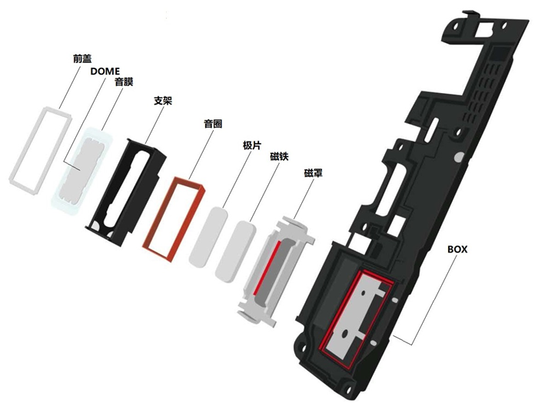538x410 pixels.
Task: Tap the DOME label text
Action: [x=105, y=70]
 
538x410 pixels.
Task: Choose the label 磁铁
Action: [x=279, y=157]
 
